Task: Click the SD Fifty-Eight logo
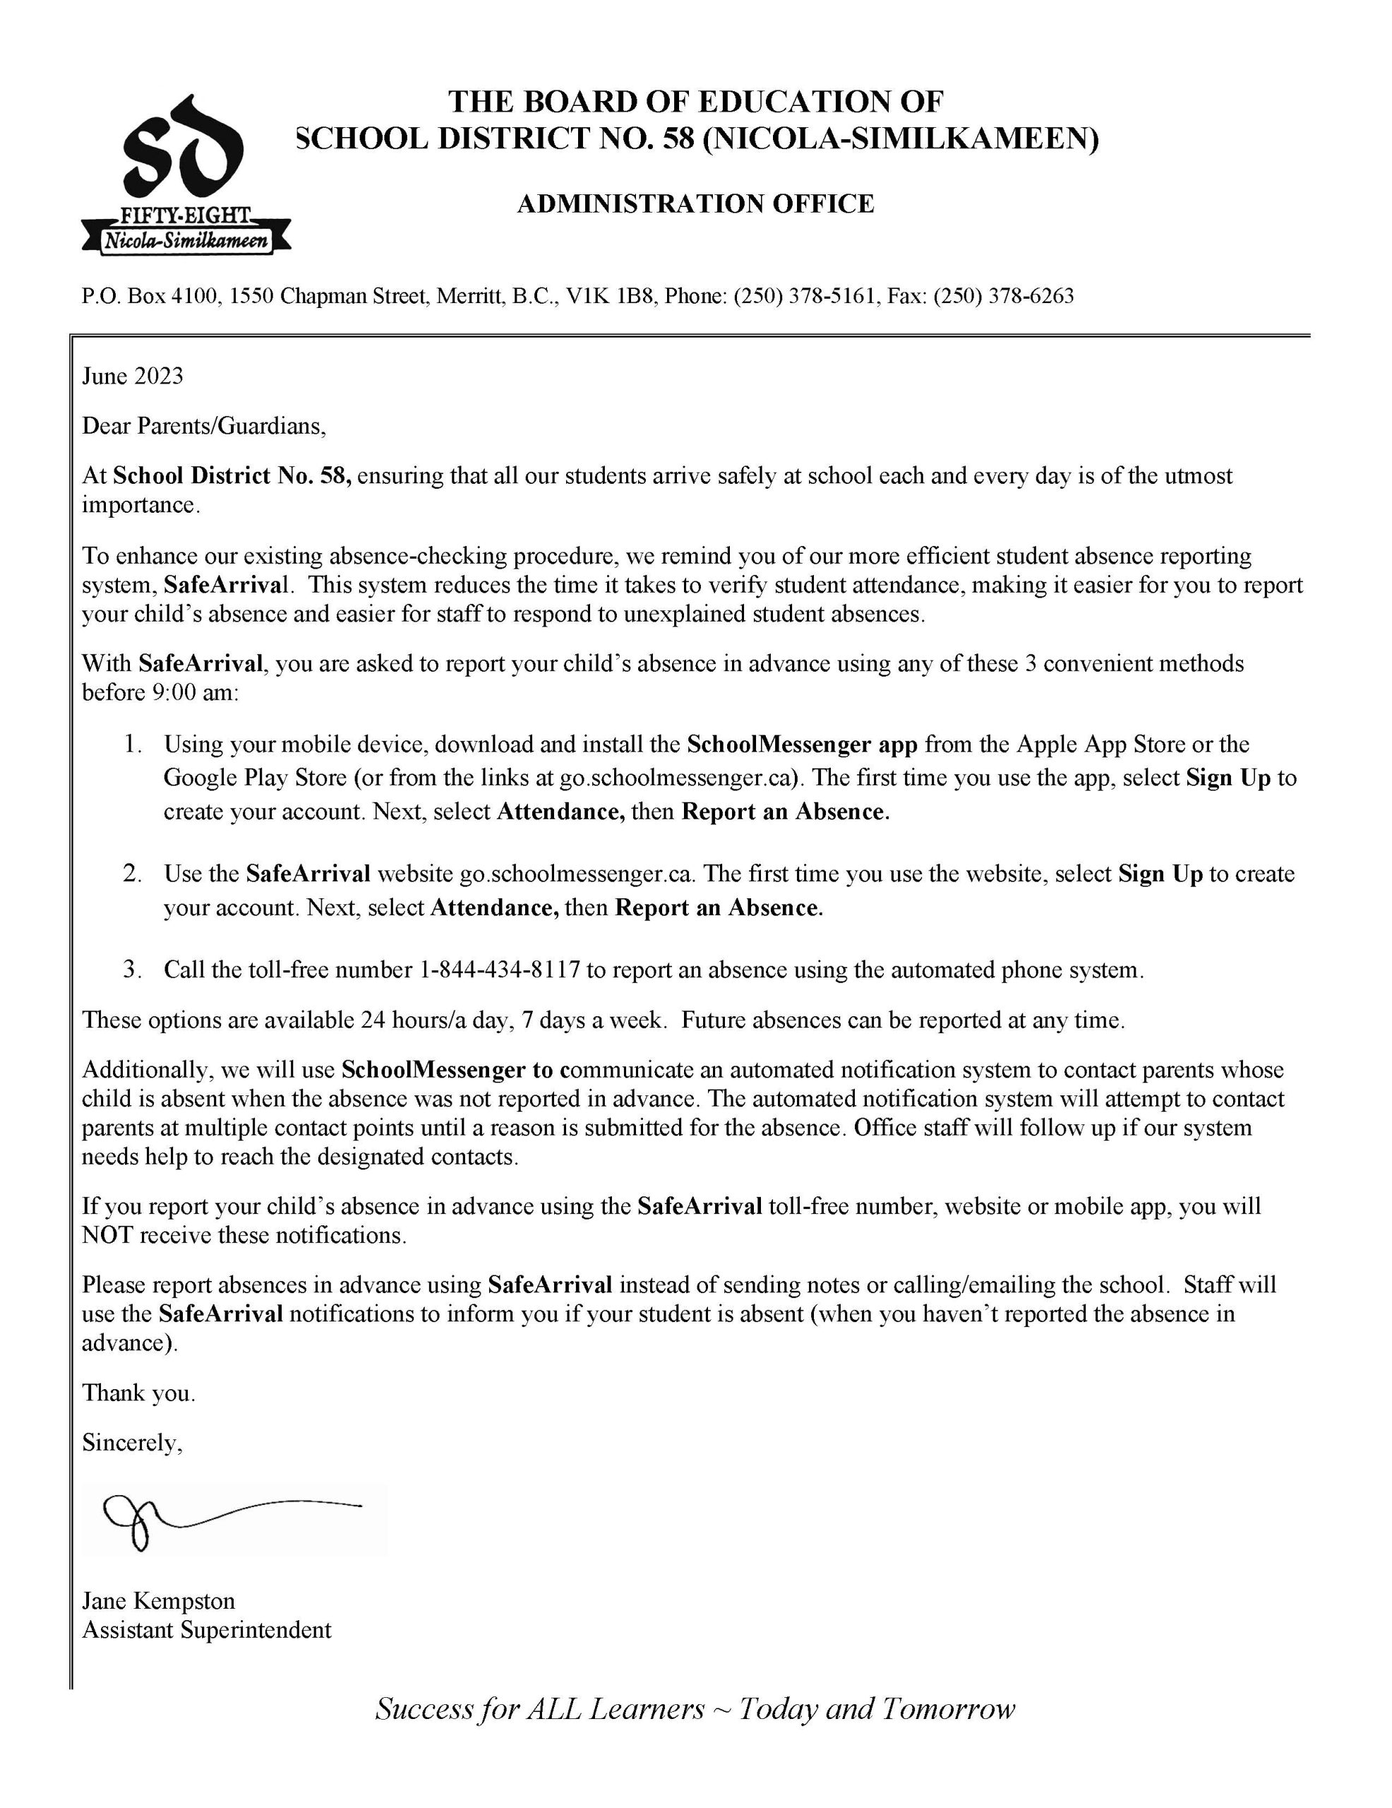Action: (186, 173)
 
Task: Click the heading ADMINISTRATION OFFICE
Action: (695, 203)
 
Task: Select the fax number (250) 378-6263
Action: (1003, 295)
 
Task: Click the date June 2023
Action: (133, 376)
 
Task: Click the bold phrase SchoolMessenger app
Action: (801, 744)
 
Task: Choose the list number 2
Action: (133, 874)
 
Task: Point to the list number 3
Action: (133, 970)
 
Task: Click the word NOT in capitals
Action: (107, 1235)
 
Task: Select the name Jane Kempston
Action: (158, 1600)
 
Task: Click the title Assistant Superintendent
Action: (206, 1629)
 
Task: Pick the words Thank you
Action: (138, 1393)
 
